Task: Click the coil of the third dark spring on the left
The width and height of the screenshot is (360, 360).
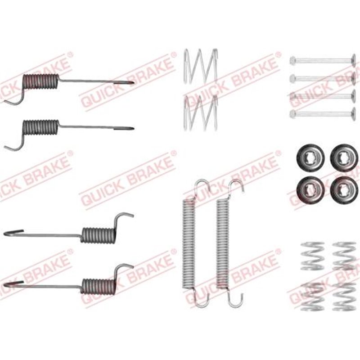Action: click(x=98, y=234)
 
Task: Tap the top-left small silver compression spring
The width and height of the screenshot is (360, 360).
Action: click(x=312, y=256)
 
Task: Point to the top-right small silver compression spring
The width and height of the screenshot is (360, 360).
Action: click(x=344, y=256)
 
